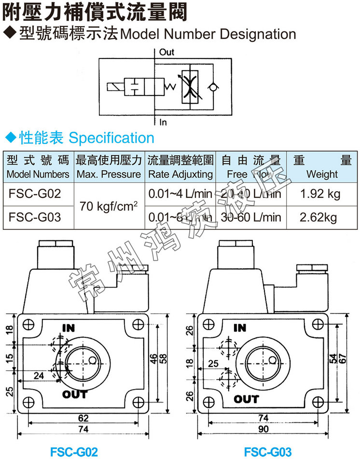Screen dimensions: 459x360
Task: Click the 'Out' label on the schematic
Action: click(x=166, y=52)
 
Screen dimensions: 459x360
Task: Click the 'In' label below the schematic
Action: click(x=163, y=123)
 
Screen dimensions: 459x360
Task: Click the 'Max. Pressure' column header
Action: click(x=109, y=174)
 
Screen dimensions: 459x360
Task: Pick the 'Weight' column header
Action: click(x=322, y=174)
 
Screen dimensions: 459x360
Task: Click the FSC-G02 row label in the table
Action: click(x=35, y=194)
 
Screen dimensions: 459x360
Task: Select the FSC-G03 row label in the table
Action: click(x=35, y=217)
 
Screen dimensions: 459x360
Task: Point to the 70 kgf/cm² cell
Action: click(x=109, y=206)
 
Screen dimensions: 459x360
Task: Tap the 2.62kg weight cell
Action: click(x=318, y=217)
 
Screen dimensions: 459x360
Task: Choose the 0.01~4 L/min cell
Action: click(x=180, y=194)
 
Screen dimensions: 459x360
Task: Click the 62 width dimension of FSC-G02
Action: click(x=83, y=418)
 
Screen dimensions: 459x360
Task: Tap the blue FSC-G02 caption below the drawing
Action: click(x=74, y=452)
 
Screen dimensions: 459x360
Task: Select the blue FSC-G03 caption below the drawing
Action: click(x=267, y=452)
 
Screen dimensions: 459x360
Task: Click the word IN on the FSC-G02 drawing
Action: click(x=69, y=328)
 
